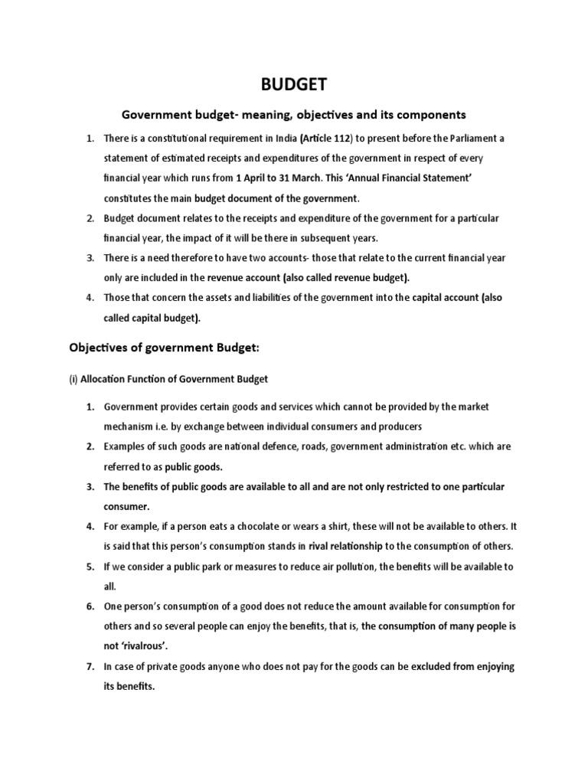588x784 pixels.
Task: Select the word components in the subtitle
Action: pos(431,115)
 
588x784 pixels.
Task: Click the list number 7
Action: pos(90,667)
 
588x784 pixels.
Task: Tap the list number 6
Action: pos(90,606)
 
